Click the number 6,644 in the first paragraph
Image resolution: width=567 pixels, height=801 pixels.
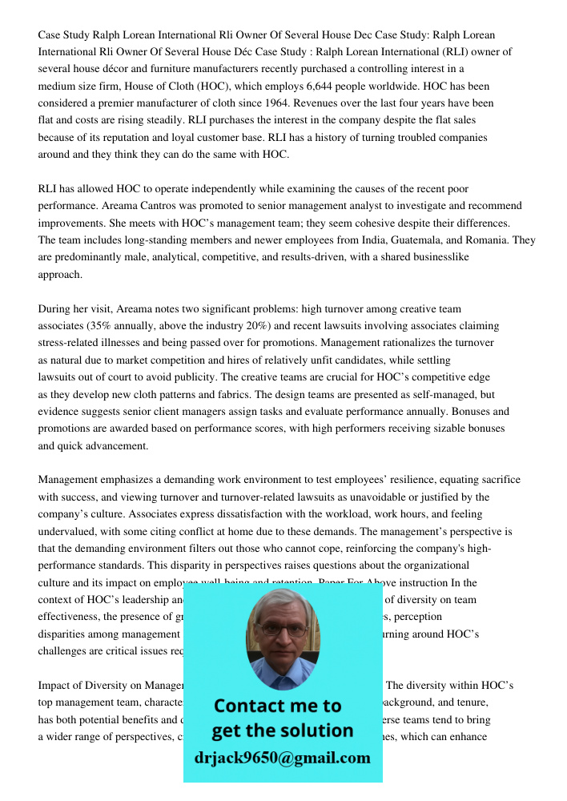pyautogui.click(x=347, y=86)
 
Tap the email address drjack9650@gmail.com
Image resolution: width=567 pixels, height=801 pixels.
pyautogui.click(x=282, y=758)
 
